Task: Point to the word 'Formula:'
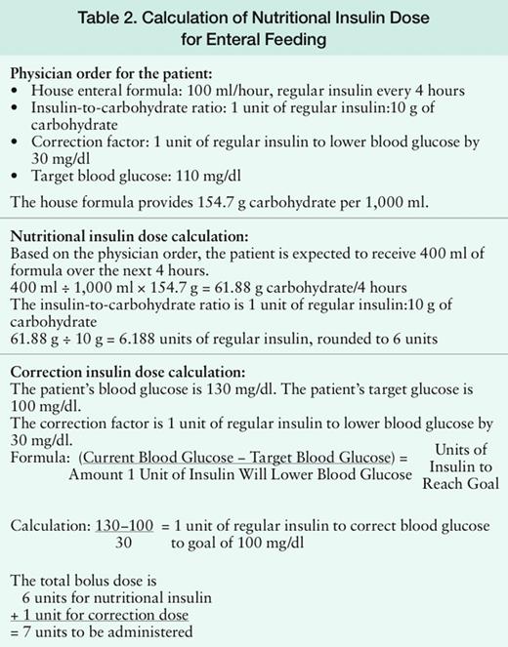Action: coord(40,458)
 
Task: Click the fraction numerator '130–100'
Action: coord(128,525)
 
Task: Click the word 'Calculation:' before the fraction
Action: coord(52,525)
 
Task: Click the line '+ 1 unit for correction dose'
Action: coord(98,615)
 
